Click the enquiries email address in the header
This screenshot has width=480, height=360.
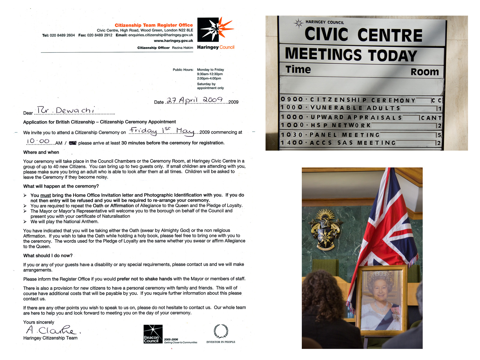160,35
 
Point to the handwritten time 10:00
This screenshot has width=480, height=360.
38,141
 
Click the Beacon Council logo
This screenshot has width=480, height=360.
153,334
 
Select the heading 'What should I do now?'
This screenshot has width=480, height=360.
48,256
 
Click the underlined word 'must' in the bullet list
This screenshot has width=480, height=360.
46,195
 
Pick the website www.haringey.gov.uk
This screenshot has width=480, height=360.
173,41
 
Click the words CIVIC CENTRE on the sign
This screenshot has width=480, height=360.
363,35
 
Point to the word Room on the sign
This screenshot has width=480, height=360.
424,72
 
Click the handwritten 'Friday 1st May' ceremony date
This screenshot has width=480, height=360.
162,131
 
